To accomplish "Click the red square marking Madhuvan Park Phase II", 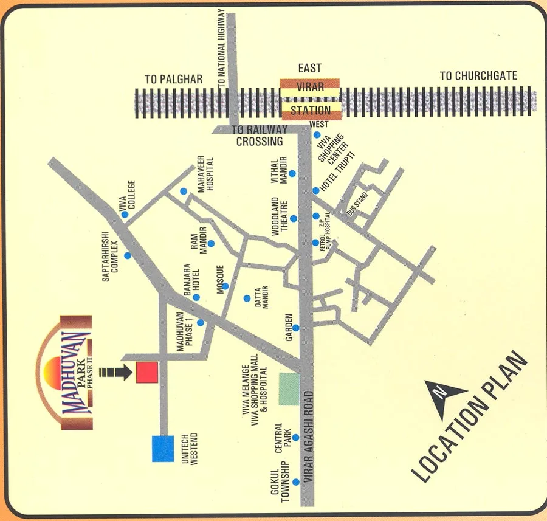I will click(x=147, y=371).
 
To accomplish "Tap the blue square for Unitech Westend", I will click(x=162, y=448).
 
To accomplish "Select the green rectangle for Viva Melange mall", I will click(x=289, y=389).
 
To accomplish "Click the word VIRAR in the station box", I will click(x=310, y=86).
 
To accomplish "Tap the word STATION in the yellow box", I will click(x=310, y=111).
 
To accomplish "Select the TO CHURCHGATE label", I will click(x=478, y=76).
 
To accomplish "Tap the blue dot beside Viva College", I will click(x=125, y=215).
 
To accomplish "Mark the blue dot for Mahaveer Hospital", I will click(x=184, y=191).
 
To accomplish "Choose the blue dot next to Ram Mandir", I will click(x=211, y=244).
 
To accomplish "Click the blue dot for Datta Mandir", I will click(x=247, y=298).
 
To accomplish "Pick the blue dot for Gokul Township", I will click(x=295, y=481).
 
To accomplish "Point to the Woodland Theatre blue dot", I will click(x=293, y=218).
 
